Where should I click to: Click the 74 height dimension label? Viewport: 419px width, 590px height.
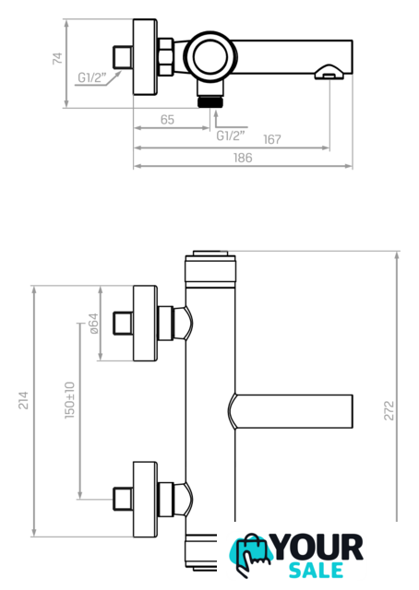click(x=57, y=58)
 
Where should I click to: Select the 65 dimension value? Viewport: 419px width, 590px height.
click(x=167, y=120)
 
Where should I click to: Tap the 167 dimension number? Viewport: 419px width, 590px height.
click(x=272, y=139)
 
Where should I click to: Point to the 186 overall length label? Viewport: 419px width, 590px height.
click(x=243, y=158)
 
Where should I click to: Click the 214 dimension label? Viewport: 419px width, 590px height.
click(x=23, y=400)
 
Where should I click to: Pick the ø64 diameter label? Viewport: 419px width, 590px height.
click(x=93, y=324)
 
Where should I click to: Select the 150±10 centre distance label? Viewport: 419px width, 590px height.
click(x=70, y=400)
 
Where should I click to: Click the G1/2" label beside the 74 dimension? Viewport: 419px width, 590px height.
click(x=91, y=77)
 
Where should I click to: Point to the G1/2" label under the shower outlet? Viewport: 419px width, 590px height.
click(x=231, y=136)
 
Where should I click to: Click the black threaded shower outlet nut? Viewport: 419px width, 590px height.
click(x=210, y=101)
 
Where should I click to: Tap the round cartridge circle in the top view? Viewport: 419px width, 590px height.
click(x=210, y=56)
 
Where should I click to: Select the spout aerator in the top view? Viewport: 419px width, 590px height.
click(x=329, y=72)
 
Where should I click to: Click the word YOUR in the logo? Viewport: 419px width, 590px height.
click(x=318, y=547)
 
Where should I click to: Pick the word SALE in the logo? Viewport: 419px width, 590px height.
click(x=316, y=570)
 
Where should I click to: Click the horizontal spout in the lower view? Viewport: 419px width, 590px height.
click(x=291, y=411)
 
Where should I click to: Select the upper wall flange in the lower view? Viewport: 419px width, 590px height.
click(x=145, y=324)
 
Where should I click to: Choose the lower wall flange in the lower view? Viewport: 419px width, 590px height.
click(x=145, y=500)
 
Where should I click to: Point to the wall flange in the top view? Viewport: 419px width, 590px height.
click(x=145, y=57)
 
